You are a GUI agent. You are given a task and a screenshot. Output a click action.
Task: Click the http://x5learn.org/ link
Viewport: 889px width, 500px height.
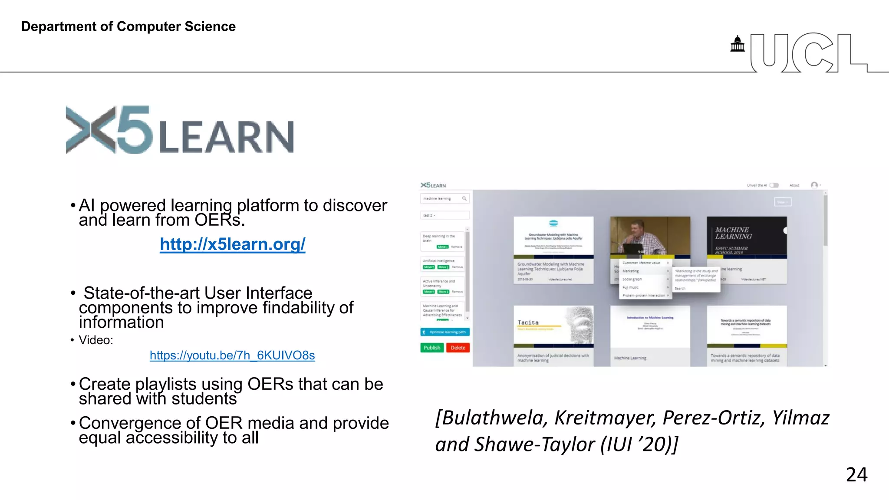[x=232, y=244]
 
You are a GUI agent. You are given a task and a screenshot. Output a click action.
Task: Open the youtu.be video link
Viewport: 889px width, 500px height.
[x=232, y=355]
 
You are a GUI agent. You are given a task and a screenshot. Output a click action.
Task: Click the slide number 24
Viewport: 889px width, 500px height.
[x=856, y=474]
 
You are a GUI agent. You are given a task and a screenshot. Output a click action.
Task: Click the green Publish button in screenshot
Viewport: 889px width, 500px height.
[x=432, y=348]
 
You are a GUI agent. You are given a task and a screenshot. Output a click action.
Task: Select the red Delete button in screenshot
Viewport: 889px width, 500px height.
[x=458, y=348]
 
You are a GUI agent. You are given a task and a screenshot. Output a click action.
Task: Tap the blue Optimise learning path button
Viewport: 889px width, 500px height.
[x=445, y=332]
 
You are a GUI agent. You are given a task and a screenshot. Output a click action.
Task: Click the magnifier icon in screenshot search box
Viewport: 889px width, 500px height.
[x=464, y=198]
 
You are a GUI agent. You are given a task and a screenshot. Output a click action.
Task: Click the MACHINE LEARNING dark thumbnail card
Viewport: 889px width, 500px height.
[x=746, y=237]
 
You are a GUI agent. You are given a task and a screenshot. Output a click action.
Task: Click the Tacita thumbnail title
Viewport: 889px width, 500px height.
[x=528, y=322]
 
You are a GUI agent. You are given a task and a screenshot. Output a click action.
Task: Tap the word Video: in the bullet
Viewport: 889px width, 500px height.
[x=96, y=340]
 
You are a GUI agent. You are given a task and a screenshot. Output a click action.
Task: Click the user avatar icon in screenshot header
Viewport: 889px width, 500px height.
[x=814, y=185]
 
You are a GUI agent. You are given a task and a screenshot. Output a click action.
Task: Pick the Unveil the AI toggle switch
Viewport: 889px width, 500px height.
[x=774, y=185]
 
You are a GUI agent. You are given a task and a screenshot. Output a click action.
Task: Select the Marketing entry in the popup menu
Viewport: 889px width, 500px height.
[x=631, y=271]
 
